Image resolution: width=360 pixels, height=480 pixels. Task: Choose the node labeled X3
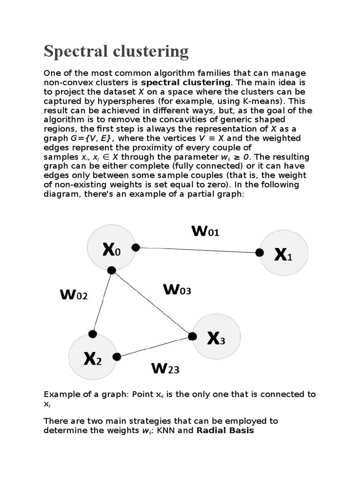217,337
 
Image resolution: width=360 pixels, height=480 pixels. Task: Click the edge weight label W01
205,231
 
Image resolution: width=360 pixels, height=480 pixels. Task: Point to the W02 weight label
74,295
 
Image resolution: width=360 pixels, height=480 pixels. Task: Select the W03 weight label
177,290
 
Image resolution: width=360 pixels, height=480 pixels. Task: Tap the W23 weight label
165,369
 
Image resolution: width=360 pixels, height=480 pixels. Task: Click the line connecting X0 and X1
197,250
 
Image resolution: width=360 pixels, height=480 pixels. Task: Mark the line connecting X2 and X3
155,346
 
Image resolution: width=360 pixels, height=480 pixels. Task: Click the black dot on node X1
259,253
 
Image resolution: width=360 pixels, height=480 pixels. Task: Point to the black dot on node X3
192,336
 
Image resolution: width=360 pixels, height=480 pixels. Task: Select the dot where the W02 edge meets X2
93,334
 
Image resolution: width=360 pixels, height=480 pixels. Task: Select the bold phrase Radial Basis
225,430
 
